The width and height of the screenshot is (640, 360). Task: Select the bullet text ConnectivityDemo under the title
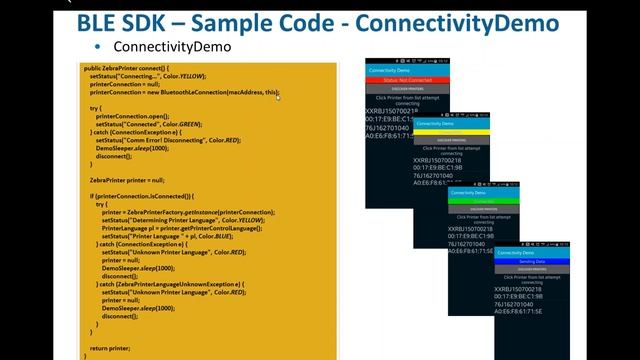tap(172, 47)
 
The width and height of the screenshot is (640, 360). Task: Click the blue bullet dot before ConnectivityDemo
tap(97, 47)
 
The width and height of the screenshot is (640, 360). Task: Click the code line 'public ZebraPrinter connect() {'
tap(127, 68)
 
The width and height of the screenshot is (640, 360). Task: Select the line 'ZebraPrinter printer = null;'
tap(127, 180)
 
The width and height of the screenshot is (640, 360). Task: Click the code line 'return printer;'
tap(109, 348)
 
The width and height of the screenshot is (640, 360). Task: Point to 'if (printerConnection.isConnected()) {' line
tap(142, 196)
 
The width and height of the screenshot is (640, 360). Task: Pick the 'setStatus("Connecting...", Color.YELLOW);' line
tap(148, 76)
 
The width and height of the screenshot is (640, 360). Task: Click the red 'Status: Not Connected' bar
tap(408, 80)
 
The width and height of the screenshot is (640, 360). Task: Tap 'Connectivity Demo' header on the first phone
tap(389, 71)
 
